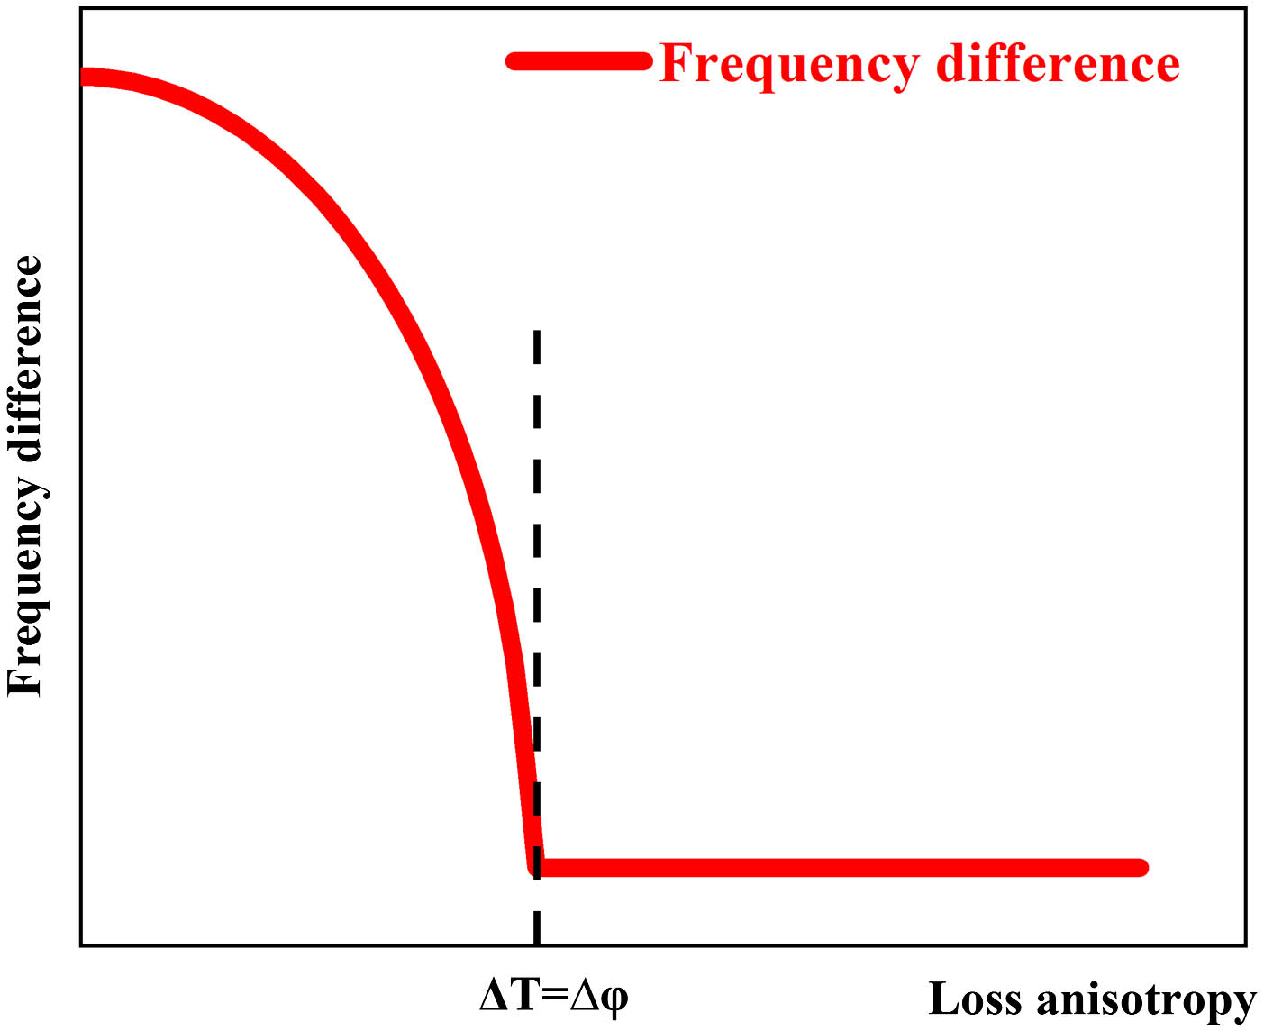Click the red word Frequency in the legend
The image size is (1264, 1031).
pos(789,65)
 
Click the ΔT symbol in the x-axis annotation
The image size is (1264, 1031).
pos(509,995)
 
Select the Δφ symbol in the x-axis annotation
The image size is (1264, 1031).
pos(599,997)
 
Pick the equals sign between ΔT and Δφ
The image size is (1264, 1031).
pos(555,996)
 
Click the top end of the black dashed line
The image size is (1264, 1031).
pos(537,333)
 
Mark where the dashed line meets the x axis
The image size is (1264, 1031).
pos(537,945)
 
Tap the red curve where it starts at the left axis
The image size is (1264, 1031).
pos(86,77)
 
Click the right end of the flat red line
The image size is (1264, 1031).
pos(1141,868)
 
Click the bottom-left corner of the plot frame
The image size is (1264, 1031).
pos(81,945)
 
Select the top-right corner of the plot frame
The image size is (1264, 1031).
pos(1246,8)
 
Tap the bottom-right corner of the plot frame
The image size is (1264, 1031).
pos(1246,945)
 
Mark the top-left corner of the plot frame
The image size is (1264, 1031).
pos(81,8)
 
